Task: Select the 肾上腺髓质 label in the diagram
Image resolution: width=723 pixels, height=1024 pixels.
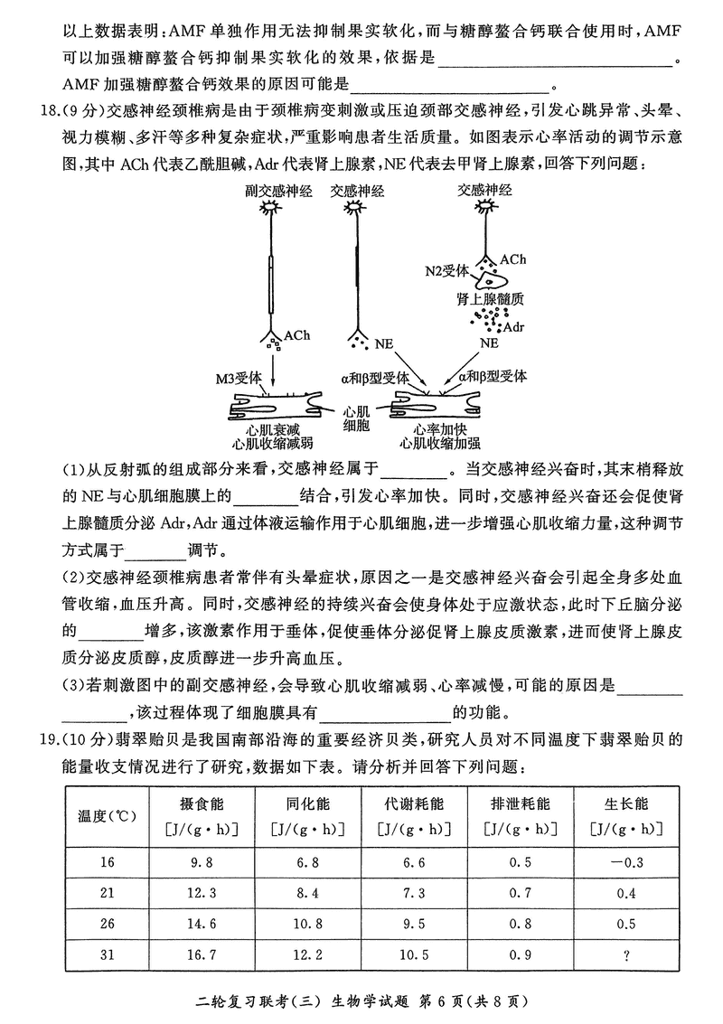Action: point(491,297)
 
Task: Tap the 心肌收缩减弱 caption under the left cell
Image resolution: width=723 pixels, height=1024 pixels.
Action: point(272,443)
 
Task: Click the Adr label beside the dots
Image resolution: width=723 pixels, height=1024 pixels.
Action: point(513,326)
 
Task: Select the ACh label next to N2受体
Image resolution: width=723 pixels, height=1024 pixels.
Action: point(512,260)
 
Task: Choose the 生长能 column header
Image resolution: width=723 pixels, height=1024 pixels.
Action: point(626,803)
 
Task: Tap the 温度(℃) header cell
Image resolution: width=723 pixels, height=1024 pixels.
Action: point(108,815)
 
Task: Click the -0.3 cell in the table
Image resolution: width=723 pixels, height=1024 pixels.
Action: point(626,861)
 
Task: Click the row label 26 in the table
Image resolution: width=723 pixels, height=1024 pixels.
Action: point(108,924)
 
